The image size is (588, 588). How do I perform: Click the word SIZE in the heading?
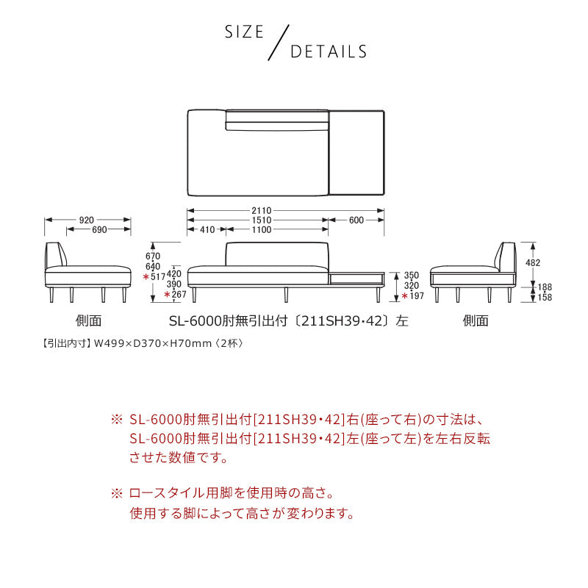tap(244, 32)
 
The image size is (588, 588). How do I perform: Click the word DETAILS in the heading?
tap(329, 52)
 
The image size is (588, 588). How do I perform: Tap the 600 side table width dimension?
tap(356, 220)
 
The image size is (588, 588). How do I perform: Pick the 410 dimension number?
tap(207, 230)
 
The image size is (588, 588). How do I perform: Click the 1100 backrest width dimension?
tap(262, 230)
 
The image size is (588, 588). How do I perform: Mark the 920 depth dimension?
tap(86, 220)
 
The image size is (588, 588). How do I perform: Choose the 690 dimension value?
tap(99, 230)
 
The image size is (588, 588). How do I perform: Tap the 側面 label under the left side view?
tap(88, 320)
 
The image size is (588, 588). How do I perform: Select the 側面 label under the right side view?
tap(475, 320)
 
